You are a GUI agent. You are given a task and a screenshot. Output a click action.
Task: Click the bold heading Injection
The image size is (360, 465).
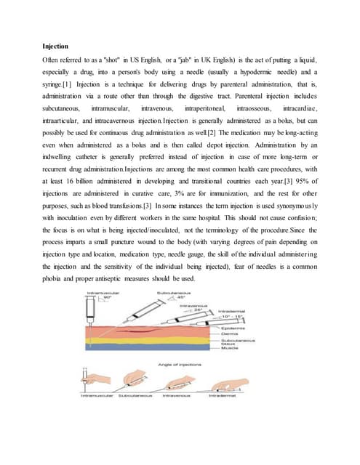56,46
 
